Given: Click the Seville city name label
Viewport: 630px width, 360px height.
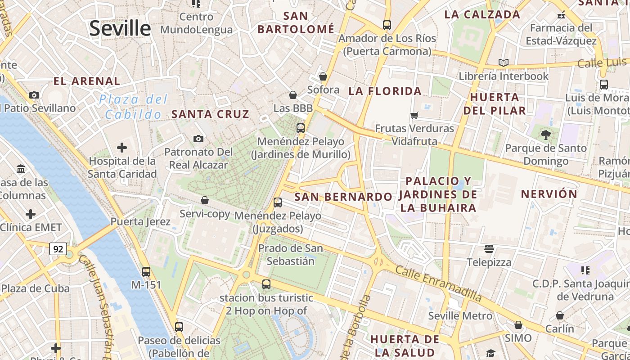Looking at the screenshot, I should [x=120, y=28].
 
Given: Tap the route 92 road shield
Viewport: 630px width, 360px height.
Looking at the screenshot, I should [x=58, y=249].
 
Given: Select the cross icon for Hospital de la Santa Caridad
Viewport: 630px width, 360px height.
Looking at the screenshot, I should [x=121, y=148].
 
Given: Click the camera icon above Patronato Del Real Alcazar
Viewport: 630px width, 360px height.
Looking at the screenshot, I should [x=198, y=139].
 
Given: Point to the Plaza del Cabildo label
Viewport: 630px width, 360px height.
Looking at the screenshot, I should [x=133, y=107].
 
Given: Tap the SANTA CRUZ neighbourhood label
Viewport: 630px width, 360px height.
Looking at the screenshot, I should [x=210, y=114].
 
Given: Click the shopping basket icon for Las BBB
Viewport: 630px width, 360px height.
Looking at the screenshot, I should [x=293, y=95].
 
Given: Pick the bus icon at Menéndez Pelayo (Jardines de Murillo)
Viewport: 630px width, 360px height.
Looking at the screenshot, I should [x=301, y=128].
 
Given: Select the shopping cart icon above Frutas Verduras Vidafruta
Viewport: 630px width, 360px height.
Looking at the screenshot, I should [x=414, y=115].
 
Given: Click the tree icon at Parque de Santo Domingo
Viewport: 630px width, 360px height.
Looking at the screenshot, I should [x=546, y=135].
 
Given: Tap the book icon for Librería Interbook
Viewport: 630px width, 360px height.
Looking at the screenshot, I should [x=504, y=63].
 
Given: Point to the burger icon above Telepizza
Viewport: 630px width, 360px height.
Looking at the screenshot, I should [x=489, y=249].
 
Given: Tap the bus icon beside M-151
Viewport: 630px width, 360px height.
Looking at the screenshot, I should [x=146, y=272].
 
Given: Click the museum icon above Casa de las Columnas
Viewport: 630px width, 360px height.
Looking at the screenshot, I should [x=21, y=169].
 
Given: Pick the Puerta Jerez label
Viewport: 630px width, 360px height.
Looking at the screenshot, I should [x=140, y=221].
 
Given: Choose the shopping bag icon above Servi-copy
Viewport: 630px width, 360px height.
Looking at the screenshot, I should [x=205, y=200].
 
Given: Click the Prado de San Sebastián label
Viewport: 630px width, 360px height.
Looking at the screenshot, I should [x=290, y=254].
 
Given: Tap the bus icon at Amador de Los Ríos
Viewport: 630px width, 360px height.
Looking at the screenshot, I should [x=387, y=25].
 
